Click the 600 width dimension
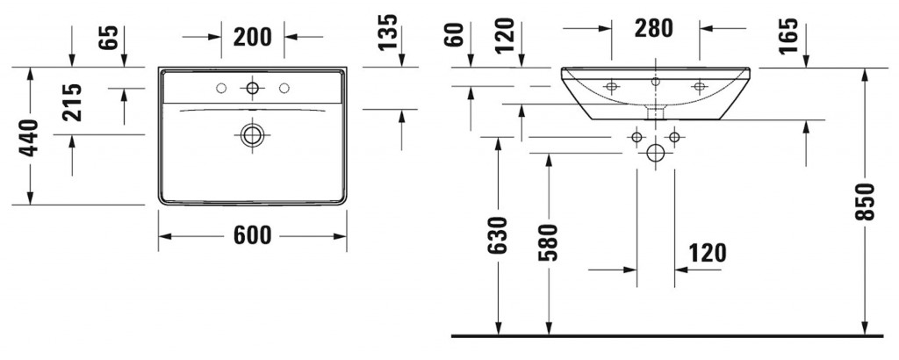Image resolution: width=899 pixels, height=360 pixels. [252, 235]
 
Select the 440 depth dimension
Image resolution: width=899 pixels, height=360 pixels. [29, 138]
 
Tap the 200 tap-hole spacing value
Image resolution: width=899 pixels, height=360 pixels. [252, 37]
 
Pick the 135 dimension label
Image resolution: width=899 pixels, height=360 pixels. [387, 32]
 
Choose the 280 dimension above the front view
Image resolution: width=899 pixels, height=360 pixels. [653, 28]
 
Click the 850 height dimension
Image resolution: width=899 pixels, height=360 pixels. [865, 202]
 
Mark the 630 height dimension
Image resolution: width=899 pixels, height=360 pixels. [499, 235]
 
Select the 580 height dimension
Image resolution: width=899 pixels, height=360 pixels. [548, 242]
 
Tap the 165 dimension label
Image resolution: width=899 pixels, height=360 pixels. [789, 36]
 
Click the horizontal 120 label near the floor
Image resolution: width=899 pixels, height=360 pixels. [707, 253]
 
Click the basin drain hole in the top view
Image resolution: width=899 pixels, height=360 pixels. [252, 135]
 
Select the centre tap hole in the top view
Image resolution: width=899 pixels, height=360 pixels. [252, 88]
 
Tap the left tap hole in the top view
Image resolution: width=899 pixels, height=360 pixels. [221, 88]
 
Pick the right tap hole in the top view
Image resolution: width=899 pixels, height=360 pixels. [284, 88]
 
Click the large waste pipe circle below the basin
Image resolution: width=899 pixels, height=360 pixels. [655, 153]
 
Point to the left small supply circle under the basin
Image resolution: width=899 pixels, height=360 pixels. [636, 137]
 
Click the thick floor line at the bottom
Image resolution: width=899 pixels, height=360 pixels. [667, 336]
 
